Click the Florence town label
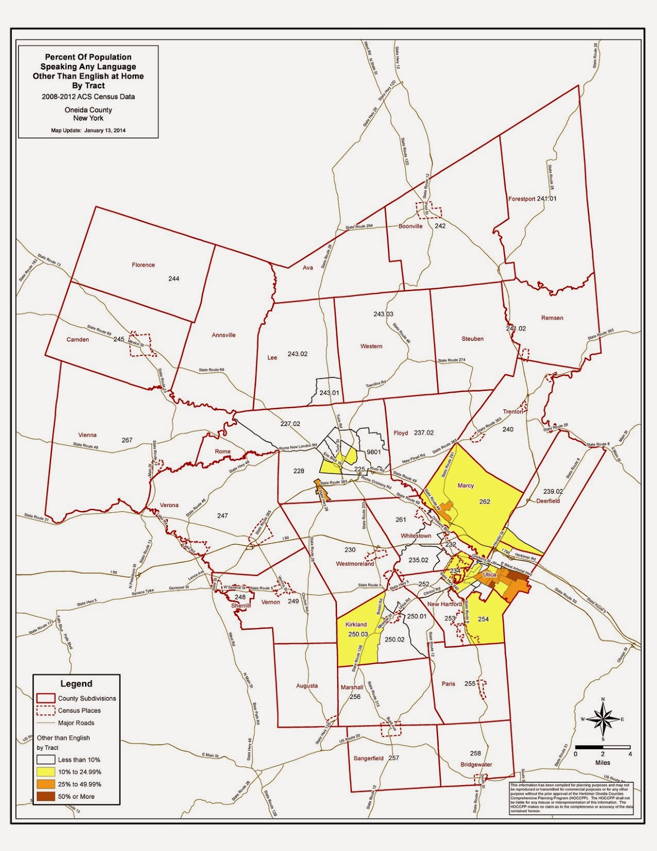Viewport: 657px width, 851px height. click(143, 265)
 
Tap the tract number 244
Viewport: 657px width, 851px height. click(174, 279)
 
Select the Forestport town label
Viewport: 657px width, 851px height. click(521, 199)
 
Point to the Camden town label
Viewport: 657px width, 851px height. click(78, 339)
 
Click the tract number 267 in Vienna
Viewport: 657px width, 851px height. click(127, 440)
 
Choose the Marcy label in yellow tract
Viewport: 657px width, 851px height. click(466, 486)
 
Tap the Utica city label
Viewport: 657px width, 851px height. click(490, 574)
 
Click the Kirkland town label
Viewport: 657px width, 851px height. click(356, 624)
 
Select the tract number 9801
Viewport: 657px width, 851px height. click(374, 452)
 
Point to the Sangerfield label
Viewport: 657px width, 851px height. click(368, 758)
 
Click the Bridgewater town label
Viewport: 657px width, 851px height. click(476, 764)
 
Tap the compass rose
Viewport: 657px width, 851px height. click(603, 719)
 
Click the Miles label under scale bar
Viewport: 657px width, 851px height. click(603, 763)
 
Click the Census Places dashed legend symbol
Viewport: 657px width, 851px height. click(46, 711)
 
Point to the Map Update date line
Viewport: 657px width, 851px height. click(88, 130)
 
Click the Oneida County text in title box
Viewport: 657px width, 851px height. click(88, 110)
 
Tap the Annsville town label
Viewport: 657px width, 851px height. click(223, 335)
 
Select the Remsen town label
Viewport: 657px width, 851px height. click(552, 318)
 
